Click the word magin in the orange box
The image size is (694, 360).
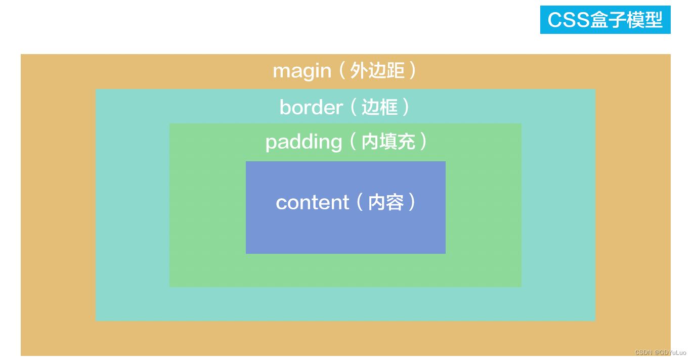(301, 71)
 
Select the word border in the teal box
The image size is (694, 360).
(311, 107)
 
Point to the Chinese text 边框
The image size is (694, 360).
(379, 107)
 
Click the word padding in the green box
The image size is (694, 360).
(303, 143)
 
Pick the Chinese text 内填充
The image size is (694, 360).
(388, 142)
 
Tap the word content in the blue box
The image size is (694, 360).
(312, 203)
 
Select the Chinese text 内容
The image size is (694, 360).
(386, 202)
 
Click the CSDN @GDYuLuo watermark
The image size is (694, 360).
(660, 352)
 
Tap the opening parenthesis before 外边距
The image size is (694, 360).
(342, 71)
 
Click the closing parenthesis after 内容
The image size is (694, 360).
(412, 202)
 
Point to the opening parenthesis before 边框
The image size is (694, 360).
(353, 107)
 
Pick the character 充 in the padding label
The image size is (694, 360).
(406, 142)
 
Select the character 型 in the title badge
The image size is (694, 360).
(654, 20)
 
